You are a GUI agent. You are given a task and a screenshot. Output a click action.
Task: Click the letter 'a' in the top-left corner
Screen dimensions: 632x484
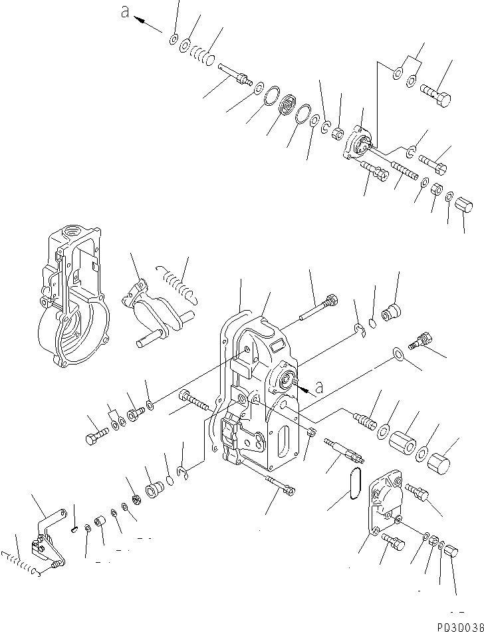coord(124,14)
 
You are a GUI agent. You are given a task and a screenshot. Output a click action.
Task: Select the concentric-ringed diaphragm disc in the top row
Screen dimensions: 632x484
coord(288,106)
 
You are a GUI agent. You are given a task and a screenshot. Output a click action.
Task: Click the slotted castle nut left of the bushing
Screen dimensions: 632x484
coord(136,500)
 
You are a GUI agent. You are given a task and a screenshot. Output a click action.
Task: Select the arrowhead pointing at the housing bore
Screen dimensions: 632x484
coord(302,385)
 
